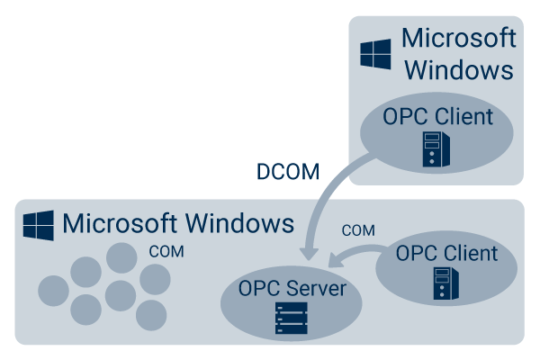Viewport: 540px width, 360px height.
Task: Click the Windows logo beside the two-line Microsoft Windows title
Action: tap(374, 53)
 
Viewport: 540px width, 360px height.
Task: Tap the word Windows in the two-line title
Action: tap(458, 70)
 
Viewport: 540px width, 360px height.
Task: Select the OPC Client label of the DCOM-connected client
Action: tap(437, 116)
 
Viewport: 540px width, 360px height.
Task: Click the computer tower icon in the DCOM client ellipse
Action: tap(436, 149)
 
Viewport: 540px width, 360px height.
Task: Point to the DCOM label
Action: tap(287, 172)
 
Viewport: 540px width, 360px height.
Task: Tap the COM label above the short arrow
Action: tap(360, 230)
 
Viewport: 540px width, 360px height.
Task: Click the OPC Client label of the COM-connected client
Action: tap(446, 253)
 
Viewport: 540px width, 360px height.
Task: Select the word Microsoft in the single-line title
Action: tap(114, 222)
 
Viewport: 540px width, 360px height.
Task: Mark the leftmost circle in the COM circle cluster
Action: tap(52, 290)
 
